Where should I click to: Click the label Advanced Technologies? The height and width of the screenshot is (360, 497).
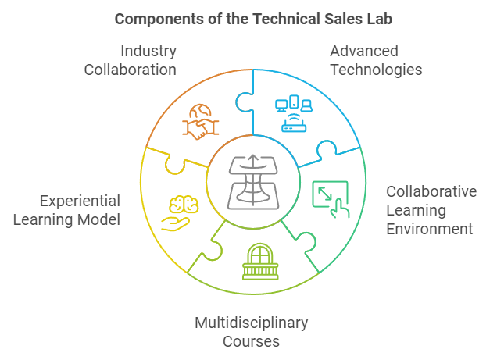coord(376,60)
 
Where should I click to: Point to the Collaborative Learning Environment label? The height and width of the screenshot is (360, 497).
coord(431,210)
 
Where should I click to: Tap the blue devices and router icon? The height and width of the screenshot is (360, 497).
coord(294,115)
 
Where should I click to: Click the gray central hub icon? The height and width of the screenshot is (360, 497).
coord(252,184)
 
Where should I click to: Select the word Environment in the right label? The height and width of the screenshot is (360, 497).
coord(431,229)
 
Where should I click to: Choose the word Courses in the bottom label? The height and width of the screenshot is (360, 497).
coord(251,341)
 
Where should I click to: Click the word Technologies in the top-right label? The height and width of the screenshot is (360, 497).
coord(376,70)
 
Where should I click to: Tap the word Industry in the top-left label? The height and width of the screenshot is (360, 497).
coord(148,51)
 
